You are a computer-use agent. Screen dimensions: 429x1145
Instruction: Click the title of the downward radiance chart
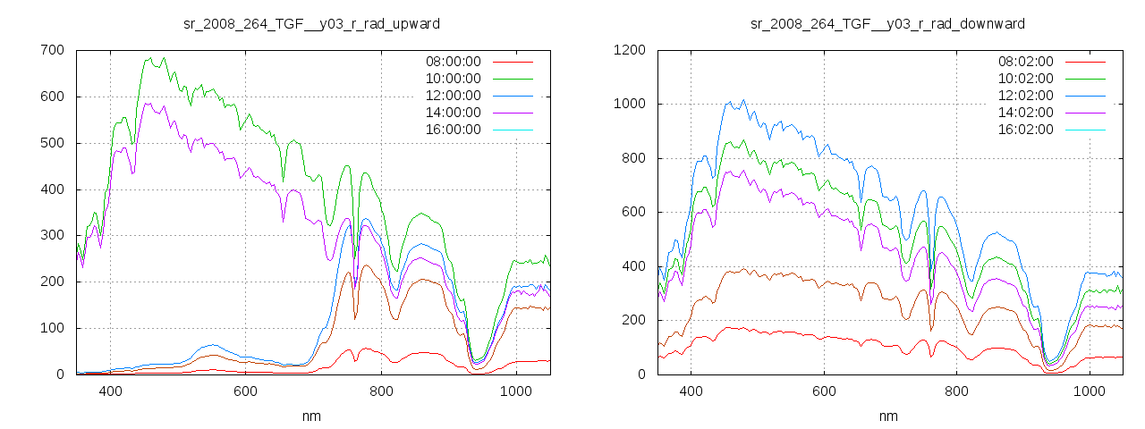click(887, 23)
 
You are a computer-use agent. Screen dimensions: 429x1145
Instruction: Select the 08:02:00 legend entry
click(1025, 62)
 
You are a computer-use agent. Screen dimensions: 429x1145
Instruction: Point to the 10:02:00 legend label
click(1025, 79)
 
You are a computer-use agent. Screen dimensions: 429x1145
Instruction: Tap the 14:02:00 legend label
click(1025, 113)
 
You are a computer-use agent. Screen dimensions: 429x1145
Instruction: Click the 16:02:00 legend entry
click(1025, 130)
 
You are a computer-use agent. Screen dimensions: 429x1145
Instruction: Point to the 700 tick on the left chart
click(52, 50)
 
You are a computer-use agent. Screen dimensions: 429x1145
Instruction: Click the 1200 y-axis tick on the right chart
click(632, 50)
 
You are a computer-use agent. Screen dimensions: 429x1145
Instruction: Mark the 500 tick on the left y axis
click(52, 143)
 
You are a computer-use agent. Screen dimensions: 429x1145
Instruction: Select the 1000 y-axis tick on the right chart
click(632, 105)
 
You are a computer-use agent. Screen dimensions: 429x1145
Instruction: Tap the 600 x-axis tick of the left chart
click(245, 391)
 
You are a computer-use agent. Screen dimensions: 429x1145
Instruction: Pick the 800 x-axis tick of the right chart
click(956, 391)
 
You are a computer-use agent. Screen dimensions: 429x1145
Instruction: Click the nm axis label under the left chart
click(311, 416)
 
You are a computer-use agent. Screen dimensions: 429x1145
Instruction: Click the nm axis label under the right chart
click(887, 416)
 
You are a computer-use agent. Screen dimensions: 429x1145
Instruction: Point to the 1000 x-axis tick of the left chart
click(515, 391)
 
